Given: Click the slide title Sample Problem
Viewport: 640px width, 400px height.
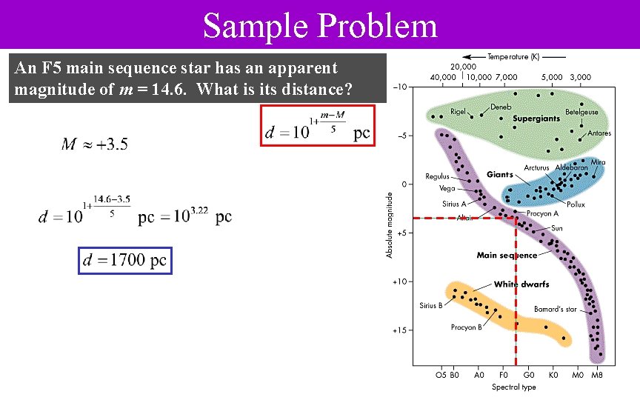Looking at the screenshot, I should pyautogui.click(x=320, y=26).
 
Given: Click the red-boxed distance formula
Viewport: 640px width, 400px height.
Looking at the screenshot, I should pyautogui.click(x=318, y=126).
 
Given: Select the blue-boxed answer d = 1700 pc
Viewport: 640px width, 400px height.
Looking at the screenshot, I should pyautogui.click(x=125, y=261).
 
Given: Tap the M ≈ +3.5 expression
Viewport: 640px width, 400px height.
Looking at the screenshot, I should pyautogui.click(x=94, y=144).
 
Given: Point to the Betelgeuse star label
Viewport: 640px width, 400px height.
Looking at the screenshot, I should pyautogui.click(x=581, y=113).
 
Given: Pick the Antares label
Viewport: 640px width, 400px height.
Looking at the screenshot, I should pyautogui.click(x=599, y=133).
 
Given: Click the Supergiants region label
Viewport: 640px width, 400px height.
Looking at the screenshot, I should pyautogui.click(x=536, y=119).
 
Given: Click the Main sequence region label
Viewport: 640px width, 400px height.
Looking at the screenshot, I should pyautogui.click(x=507, y=256).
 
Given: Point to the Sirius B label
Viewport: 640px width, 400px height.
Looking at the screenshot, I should pyautogui.click(x=430, y=305).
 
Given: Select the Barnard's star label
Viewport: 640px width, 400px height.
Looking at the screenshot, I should pyautogui.click(x=555, y=310).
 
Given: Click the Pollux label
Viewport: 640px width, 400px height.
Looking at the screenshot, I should pyautogui.click(x=576, y=204).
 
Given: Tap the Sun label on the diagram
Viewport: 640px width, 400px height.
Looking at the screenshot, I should pyautogui.click(x=556, y=228).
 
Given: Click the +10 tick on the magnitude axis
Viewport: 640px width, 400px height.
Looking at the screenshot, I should pyautogui.click(x=399, y=281).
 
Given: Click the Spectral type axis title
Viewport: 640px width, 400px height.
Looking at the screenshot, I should pyautogui.click(x=514, y=387).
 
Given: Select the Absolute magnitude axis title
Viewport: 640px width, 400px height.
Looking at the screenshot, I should pyautogui.click(x=390, y=225).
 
